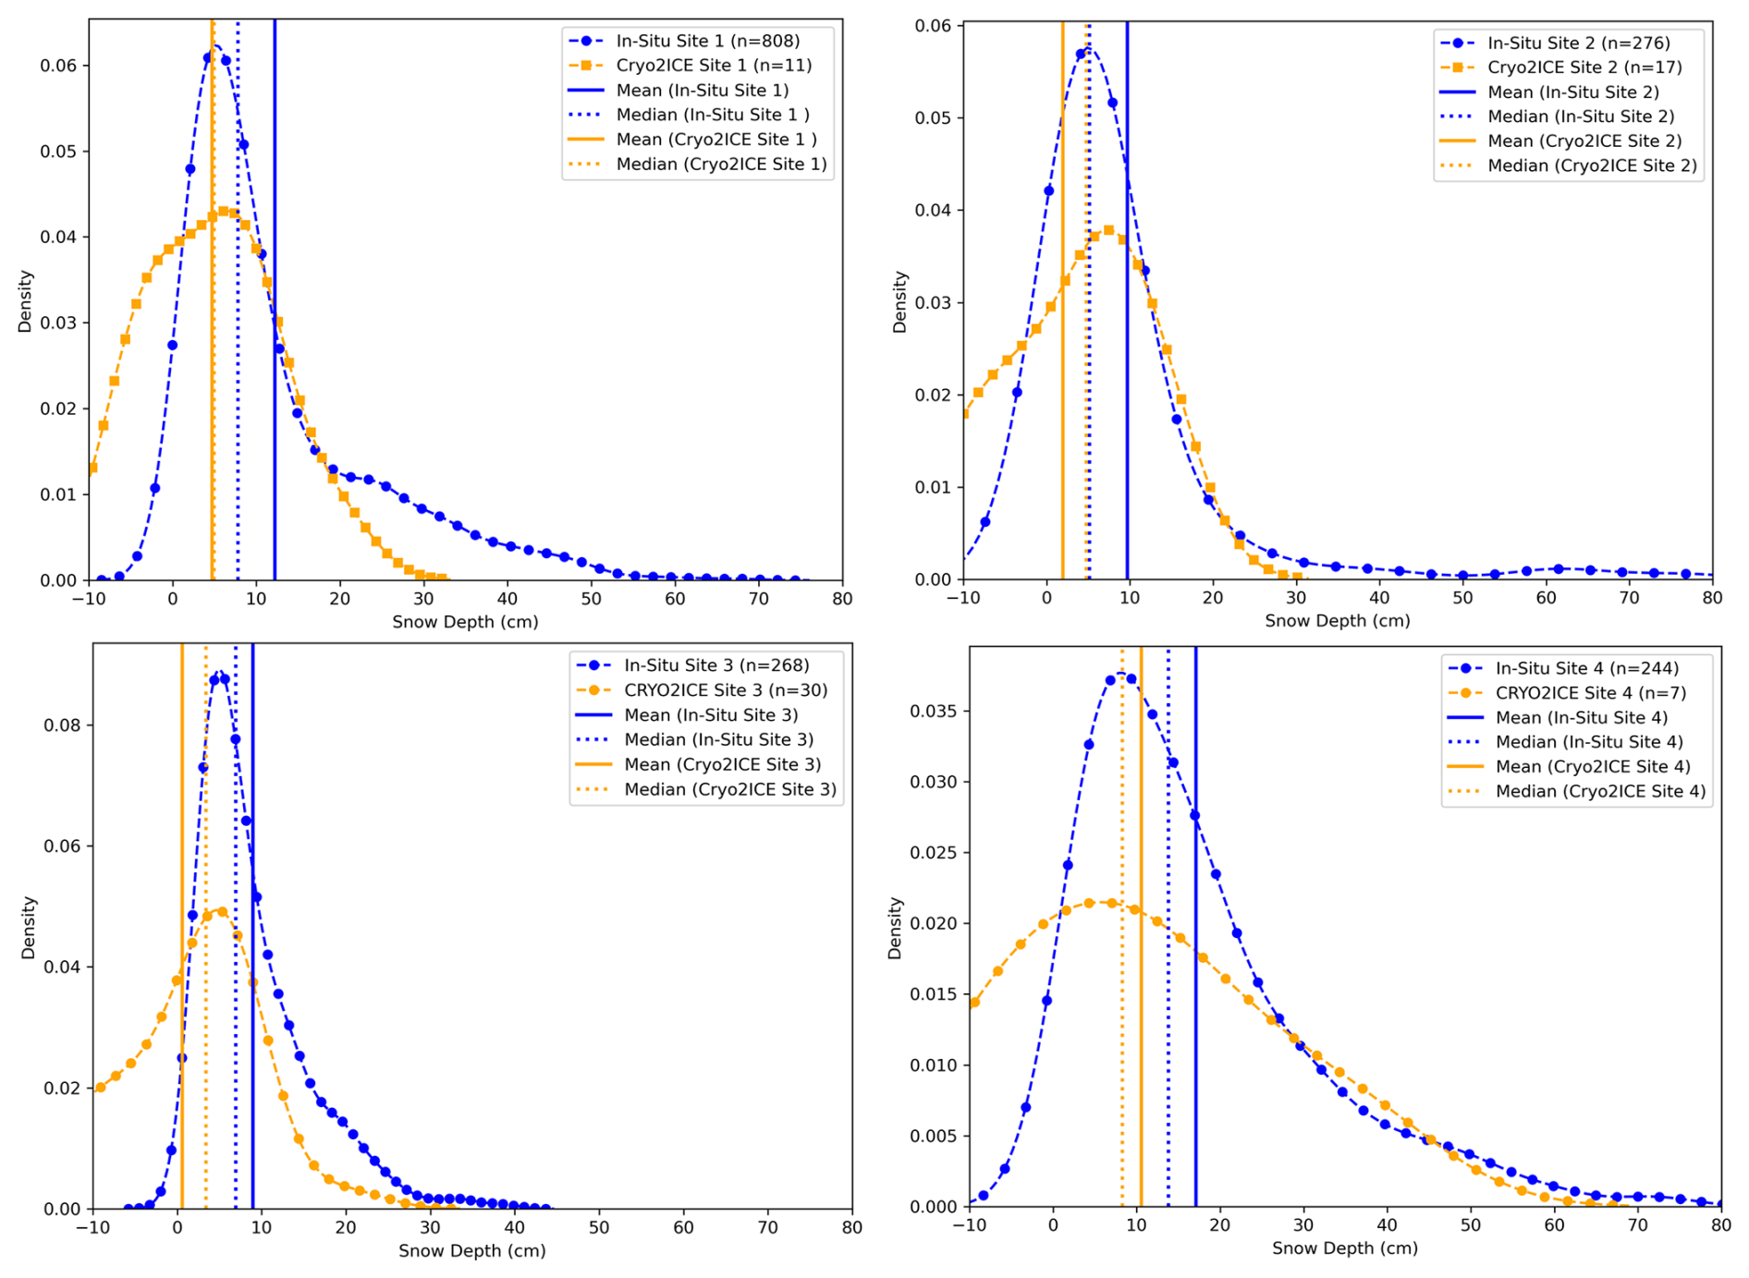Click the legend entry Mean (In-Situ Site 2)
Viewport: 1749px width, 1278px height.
pyautogui.click(x=1572, y=92)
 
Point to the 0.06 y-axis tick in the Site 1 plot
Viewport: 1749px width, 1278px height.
pyautogui.click(x=59, y=66)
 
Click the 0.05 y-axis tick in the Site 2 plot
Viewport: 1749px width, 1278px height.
pyautogui.click(x=934, y=118)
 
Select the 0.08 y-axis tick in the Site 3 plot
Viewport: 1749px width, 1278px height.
pyautogui.click(x=63, y=725)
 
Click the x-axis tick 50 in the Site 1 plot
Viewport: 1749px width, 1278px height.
pyautogui.click(x=592, y=599)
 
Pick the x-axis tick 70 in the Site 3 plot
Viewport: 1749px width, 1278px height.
pyautogui.click(x=768, y=1228)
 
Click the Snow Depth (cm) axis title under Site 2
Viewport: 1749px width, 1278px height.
pyautogui.click(x=1337, y=621)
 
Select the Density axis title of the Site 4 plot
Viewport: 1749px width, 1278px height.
pyautogui.click(x=894, y=928)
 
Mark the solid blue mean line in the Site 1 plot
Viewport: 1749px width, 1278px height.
pyautogui.click(x=275, y=370)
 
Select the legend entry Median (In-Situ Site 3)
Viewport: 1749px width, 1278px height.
pyautogui.click(x=718, y=740)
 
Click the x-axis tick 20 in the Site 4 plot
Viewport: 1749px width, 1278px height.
pyautogui.click(x=1220, y=1226)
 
